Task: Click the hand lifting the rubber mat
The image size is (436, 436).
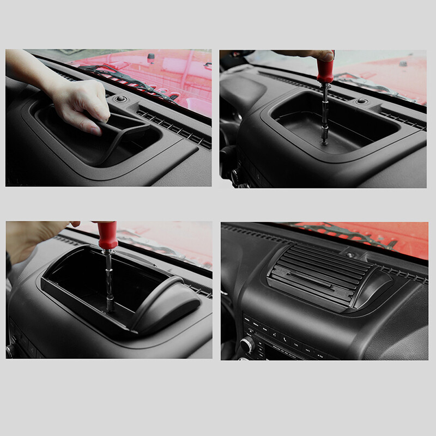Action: point(82,101)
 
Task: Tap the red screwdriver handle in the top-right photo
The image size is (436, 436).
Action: point(326,71)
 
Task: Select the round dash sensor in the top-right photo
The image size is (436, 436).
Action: point(361,101)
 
